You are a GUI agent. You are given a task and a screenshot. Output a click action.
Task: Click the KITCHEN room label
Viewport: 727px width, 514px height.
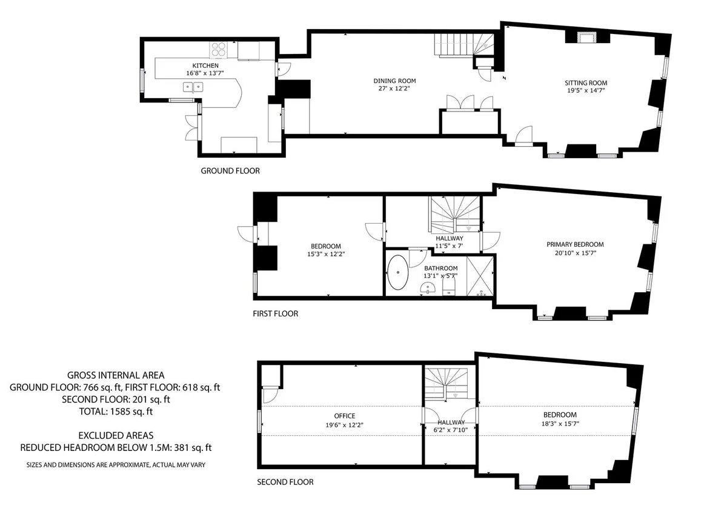tap(205, 65)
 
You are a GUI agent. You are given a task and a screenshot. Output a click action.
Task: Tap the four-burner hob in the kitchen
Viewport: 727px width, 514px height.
tap(219, 50)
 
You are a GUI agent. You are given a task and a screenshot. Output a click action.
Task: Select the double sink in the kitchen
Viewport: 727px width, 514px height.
tap(193, 87)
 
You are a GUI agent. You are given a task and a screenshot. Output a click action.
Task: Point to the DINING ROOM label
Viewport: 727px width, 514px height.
tap(394, 81)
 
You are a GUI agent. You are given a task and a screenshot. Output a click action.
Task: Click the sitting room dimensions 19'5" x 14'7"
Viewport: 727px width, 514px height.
tap(586, 90)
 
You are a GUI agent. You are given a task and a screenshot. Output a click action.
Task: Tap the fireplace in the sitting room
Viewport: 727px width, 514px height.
tap(588, 37)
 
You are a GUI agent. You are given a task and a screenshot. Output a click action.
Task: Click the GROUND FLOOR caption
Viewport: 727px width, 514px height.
tap(230, 171)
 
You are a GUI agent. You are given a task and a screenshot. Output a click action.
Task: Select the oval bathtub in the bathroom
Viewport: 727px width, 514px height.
tap(398, 272)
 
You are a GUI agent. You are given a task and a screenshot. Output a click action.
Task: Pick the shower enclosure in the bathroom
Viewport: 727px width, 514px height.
tap(480, 276)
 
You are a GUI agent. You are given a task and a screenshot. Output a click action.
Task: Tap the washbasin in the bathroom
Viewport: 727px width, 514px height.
tap(428, 287)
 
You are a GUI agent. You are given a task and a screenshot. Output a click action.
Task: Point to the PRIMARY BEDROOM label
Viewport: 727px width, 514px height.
tap(575, 244)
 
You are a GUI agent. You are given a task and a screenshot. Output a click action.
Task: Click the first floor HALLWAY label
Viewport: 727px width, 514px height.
tap(450, 238)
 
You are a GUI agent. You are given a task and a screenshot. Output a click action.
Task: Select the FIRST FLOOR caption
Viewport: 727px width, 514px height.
tap(275, 313)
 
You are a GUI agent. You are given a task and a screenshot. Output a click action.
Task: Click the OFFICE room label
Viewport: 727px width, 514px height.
tap(345, 416)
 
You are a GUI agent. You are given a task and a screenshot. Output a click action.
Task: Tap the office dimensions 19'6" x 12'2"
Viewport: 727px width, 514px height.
tap(345, 425)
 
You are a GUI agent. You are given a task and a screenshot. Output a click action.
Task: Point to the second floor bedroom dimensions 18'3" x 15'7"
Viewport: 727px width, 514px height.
tap(560, 424)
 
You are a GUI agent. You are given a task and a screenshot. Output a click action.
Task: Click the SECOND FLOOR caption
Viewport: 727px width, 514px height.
tap(285, 482)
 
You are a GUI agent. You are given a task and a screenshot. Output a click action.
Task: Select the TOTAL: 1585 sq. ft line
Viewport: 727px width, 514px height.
tap(116, 412)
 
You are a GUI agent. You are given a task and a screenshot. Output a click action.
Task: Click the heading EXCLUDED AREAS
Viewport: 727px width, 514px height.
tap(116, 435)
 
